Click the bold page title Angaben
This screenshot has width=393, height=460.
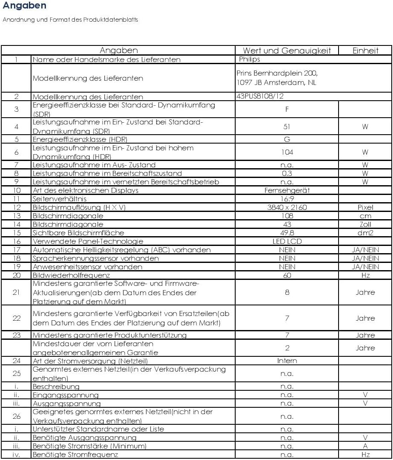(24, 6)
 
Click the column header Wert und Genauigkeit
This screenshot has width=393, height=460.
(287, 51)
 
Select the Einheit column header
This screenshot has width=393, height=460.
(365, 51)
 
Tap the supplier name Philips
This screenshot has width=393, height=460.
(250, 59)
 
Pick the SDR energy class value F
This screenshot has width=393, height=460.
(287, 109)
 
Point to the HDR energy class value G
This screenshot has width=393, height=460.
(287, 139)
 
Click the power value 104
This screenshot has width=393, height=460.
(287, 152)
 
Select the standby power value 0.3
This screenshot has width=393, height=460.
(287, 173)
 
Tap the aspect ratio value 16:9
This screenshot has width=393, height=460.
(287, 199)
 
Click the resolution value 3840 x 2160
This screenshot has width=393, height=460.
(287, 207)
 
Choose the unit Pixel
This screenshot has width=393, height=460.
(365, 207)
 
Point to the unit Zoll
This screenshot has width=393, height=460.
(365, 224)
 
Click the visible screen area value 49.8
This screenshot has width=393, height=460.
(287, 233)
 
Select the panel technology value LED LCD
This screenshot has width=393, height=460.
(287, 241)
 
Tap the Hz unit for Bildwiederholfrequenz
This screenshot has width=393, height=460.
(365, 275)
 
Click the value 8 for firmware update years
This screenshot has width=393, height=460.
(287, 292)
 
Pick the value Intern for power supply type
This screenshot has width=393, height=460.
(287, 361)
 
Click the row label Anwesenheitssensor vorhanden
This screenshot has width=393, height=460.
(88, 267)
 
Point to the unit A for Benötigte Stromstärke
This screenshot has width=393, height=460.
(365, 446)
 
